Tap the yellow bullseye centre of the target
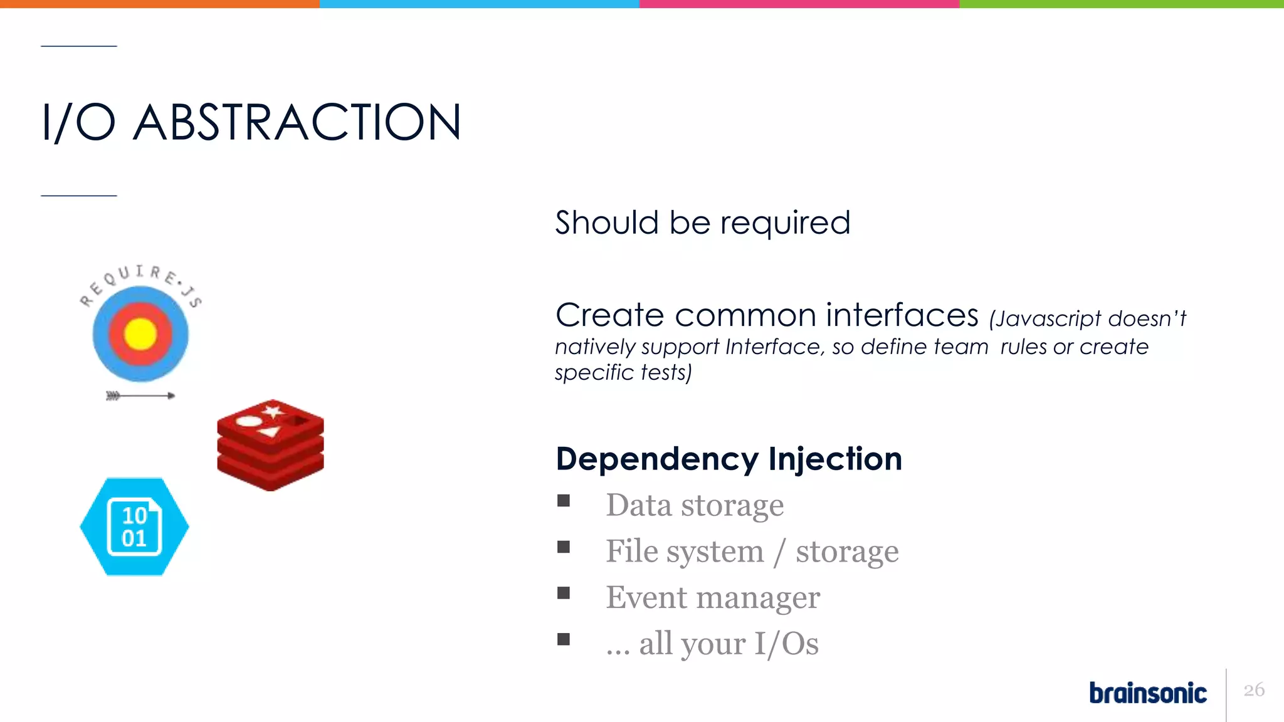(x=140, y=333)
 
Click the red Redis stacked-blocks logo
(x=270, y=445)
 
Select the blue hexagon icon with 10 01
(x=134, y=526)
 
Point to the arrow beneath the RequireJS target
(x=140, y=395)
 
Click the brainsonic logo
(x=1147, y=693)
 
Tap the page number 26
(x=1254, y=690)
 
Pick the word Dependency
(x=657, y=460)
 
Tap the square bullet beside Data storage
(x=564, y=501)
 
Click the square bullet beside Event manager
(x=564, y=593)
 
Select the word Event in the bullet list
(x=646, y=597)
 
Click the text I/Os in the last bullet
(x=786, y=644)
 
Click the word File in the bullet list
(x=632, y=551)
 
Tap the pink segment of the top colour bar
(x=799, y=4)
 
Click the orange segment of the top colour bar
(x=160, y=4)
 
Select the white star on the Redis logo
(x=273, y=411)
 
